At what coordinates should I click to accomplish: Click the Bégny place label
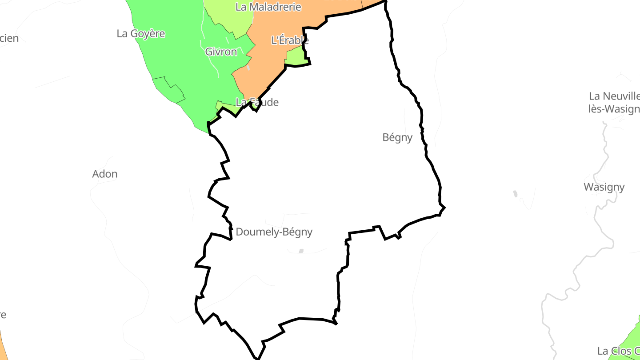(x=397, y=137)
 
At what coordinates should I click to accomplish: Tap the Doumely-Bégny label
(x=274, y=232)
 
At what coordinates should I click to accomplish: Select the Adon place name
(x=105, y=174)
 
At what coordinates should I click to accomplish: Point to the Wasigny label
(x=604, y=187)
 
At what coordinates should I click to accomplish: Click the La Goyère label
(x=141, y=33)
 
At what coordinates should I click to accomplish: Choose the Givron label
(x=221, y=52)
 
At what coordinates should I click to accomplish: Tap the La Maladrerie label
(x=268, y=7)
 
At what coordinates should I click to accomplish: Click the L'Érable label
(x=290, y=40)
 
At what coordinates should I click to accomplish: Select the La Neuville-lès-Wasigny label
(x=614, y=103)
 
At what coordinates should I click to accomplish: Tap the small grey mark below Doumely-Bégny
(x=301, y=251)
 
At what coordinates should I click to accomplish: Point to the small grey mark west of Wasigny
(x=515, y=194)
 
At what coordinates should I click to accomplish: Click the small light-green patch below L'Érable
(x=295, y=56)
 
